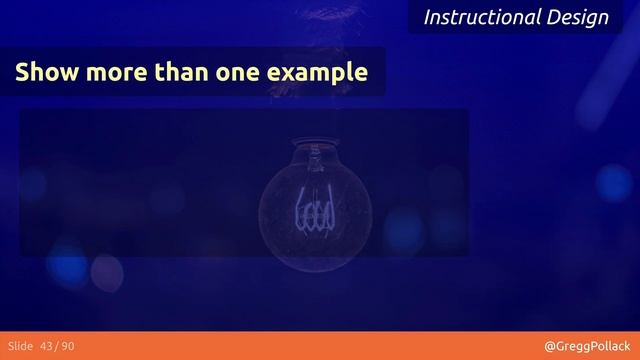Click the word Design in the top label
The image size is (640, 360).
577,17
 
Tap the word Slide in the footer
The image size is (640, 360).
21,346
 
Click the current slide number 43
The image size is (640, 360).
50,346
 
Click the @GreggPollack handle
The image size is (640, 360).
587,346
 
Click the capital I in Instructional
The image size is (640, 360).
427,17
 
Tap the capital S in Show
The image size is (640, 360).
21,73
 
